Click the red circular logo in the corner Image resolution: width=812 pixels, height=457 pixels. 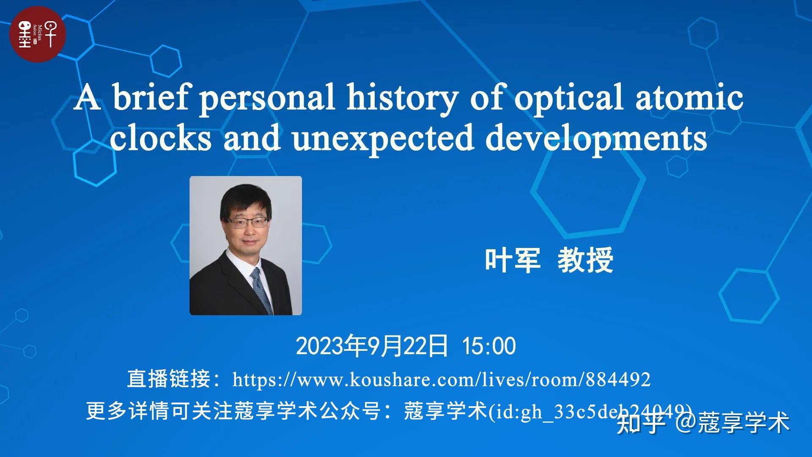click(38, 34)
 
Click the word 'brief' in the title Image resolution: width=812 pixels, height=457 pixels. click(150, 97)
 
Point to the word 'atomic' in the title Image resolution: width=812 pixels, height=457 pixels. click(689, 97)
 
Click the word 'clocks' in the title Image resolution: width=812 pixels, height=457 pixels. click(160, 138)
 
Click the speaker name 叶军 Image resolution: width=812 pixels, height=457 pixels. click(513, 260)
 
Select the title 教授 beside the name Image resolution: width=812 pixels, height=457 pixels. click(586, 260)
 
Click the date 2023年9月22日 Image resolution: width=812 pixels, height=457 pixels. click(372, 346)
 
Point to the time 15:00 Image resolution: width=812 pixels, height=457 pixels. click(489, 346)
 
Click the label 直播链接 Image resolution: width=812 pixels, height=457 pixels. click(169, 379)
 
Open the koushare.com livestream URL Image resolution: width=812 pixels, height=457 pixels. click(441, 380)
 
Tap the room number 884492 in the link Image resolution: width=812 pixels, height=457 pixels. click(618, 380)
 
